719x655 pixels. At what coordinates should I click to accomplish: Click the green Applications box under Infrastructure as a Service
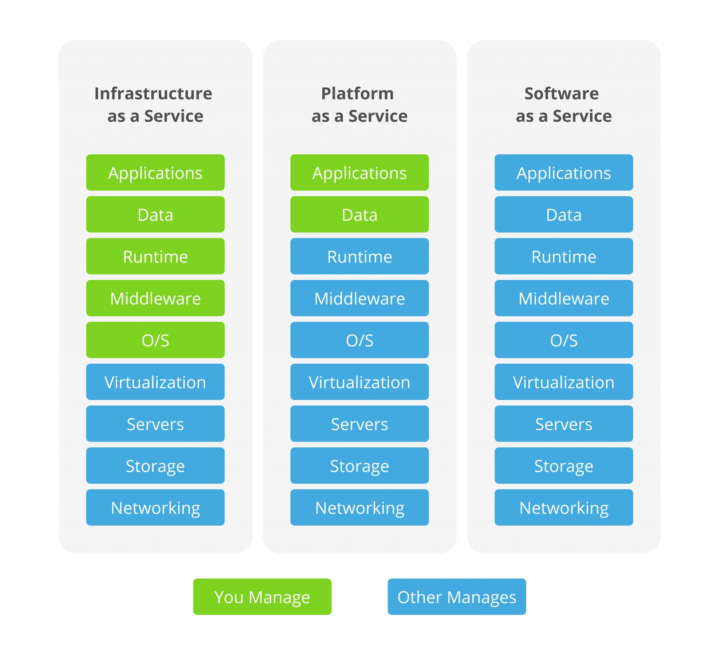(x=155, y=173)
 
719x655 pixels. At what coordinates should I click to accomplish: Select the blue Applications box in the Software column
(x=563, y=173)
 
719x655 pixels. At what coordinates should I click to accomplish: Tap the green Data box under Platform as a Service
(x=359, y=214)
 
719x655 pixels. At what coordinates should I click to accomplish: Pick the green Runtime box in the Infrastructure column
(x=155, y=256)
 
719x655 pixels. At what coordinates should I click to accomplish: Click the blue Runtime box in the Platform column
(x=359, y=256)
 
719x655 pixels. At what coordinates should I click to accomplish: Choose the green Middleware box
(x=155, y=298)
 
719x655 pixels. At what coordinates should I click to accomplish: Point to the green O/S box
(x=155, y=340)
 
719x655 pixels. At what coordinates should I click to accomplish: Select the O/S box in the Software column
(x=563, y=340)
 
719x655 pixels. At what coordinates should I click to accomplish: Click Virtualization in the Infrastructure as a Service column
(x=155, y=382)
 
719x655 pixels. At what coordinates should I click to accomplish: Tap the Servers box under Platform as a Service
(x=359, y=424)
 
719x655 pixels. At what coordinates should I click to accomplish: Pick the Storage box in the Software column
(x=563, y=466)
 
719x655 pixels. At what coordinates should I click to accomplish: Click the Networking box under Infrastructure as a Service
(x=155, y=507)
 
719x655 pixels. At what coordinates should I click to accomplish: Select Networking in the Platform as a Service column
(x=359, y=507)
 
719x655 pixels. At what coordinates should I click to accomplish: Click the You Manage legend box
(x=262, y=597)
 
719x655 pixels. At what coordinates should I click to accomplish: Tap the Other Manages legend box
(x=456, y=597)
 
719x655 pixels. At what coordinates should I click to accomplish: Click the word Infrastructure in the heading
(x=153, y=93)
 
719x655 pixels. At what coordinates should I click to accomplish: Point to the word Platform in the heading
(x=357, y=93)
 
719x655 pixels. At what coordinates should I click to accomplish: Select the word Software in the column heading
(x=561, y=93)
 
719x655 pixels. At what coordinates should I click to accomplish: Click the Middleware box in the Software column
(x=563, y=298)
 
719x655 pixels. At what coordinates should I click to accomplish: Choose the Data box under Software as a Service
(x=563, y=214)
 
